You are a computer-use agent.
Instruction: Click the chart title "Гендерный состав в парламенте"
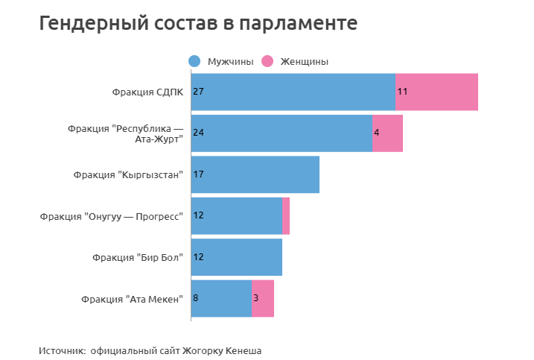point(198,24)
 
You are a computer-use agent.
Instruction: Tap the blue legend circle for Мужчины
point(194,61)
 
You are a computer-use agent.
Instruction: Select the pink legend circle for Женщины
point(268,61)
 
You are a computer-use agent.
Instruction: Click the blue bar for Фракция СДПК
point(293,92)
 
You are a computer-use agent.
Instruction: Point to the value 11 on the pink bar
point(402,92)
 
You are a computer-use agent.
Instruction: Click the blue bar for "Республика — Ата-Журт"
point(282,133)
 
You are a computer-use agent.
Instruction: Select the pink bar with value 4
point(387,133)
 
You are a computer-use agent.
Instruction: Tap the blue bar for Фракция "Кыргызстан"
point(255,174)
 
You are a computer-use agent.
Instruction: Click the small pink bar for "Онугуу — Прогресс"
point(286,216)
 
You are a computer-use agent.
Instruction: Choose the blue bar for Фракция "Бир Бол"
point(237,257)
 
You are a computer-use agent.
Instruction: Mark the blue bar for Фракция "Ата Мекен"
point(221,298)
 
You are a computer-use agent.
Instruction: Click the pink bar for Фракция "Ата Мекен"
point(263,298)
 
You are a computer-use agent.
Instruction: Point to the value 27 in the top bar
point(198,92)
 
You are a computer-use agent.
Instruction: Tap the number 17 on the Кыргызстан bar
point(198,174)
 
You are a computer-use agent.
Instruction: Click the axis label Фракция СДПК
point(147,92)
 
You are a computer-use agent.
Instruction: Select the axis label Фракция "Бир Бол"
point(138,258)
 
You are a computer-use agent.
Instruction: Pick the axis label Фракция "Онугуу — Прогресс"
point(111,216)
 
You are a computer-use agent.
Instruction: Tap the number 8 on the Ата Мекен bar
point(196,298)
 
